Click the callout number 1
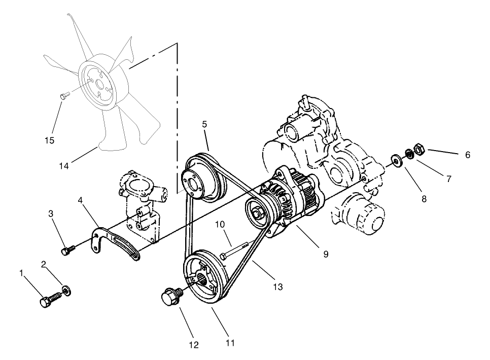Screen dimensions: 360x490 point(21,273)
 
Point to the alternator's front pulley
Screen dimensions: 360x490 point(258,212)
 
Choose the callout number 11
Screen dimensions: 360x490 point(230,343)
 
